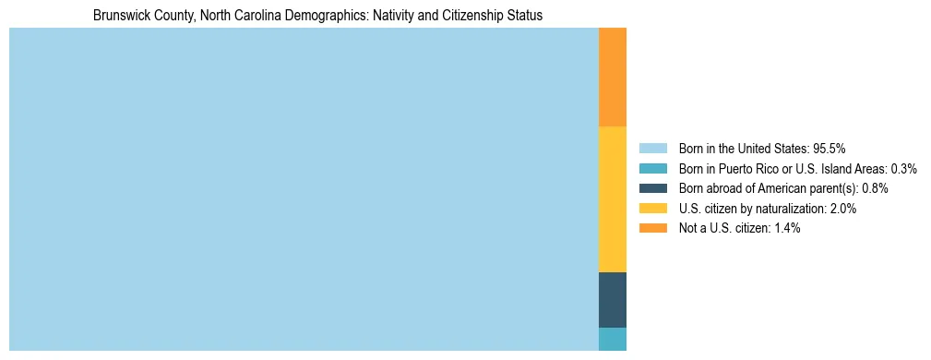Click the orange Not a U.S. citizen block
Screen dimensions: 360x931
(613, 77)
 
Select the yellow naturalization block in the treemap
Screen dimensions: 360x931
(613, 198)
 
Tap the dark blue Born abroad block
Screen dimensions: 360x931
(613, 300)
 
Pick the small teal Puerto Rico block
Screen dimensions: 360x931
(613, 339)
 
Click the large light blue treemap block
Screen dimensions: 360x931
(304, 189)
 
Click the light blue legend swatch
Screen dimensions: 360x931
(652, 148)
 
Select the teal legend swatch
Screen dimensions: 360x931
(652, 168)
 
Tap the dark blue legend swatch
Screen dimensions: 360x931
(652, 188)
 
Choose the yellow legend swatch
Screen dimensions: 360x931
(652, 209)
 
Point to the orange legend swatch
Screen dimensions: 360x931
(652, 228)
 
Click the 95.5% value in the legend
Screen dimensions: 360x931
(830, 148)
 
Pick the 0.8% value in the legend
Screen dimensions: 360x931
(875, 188)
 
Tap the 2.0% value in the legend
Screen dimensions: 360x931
(841, 209)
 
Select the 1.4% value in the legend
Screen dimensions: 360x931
(785, 228)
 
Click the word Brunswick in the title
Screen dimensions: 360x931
(119, 16)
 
